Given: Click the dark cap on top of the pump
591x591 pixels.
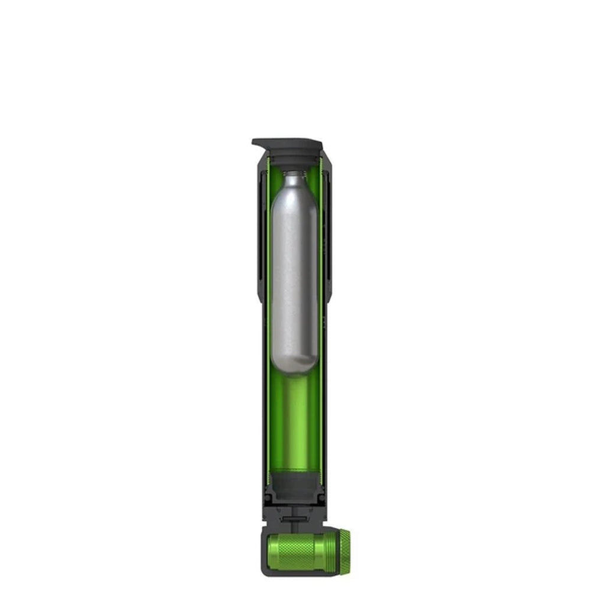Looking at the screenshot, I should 293,144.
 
